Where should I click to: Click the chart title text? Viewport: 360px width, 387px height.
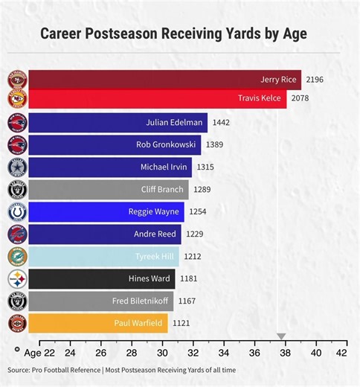pos(173,34)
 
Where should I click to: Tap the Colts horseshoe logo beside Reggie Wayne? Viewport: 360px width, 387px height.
pos(17,212)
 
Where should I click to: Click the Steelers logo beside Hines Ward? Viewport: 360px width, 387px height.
pos(17,279)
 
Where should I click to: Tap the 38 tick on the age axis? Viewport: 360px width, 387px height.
pos(285,353)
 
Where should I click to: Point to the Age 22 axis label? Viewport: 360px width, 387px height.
pos(39,353)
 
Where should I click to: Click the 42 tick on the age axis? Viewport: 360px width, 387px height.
pos(341,353)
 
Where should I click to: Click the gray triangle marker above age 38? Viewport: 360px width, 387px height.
pos(281,336)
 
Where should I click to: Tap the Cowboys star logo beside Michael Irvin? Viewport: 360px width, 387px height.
pos(17,167)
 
